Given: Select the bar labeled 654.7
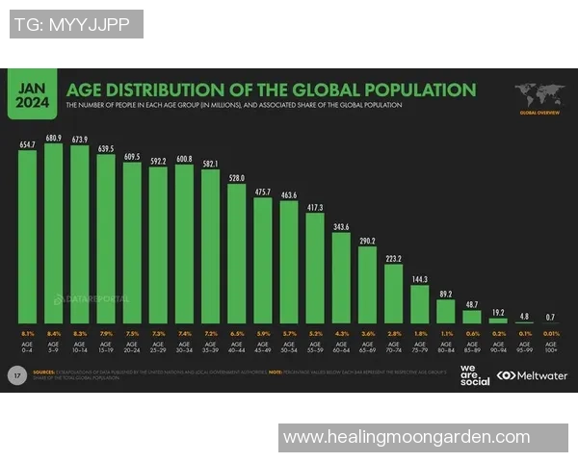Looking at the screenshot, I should tap(28, 236).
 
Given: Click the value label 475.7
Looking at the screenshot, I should tap(262, 192).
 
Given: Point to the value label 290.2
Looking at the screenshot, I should tap(367, 240).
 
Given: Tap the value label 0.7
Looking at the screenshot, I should tap(550, 316).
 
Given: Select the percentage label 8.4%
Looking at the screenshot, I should tap(54, 332).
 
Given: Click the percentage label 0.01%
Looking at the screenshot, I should tap(550, 332).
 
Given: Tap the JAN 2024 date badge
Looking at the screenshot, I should tap(32, 94).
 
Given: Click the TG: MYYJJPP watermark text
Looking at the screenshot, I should tap(76, 24).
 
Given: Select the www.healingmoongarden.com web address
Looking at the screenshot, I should tap(406, 437).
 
